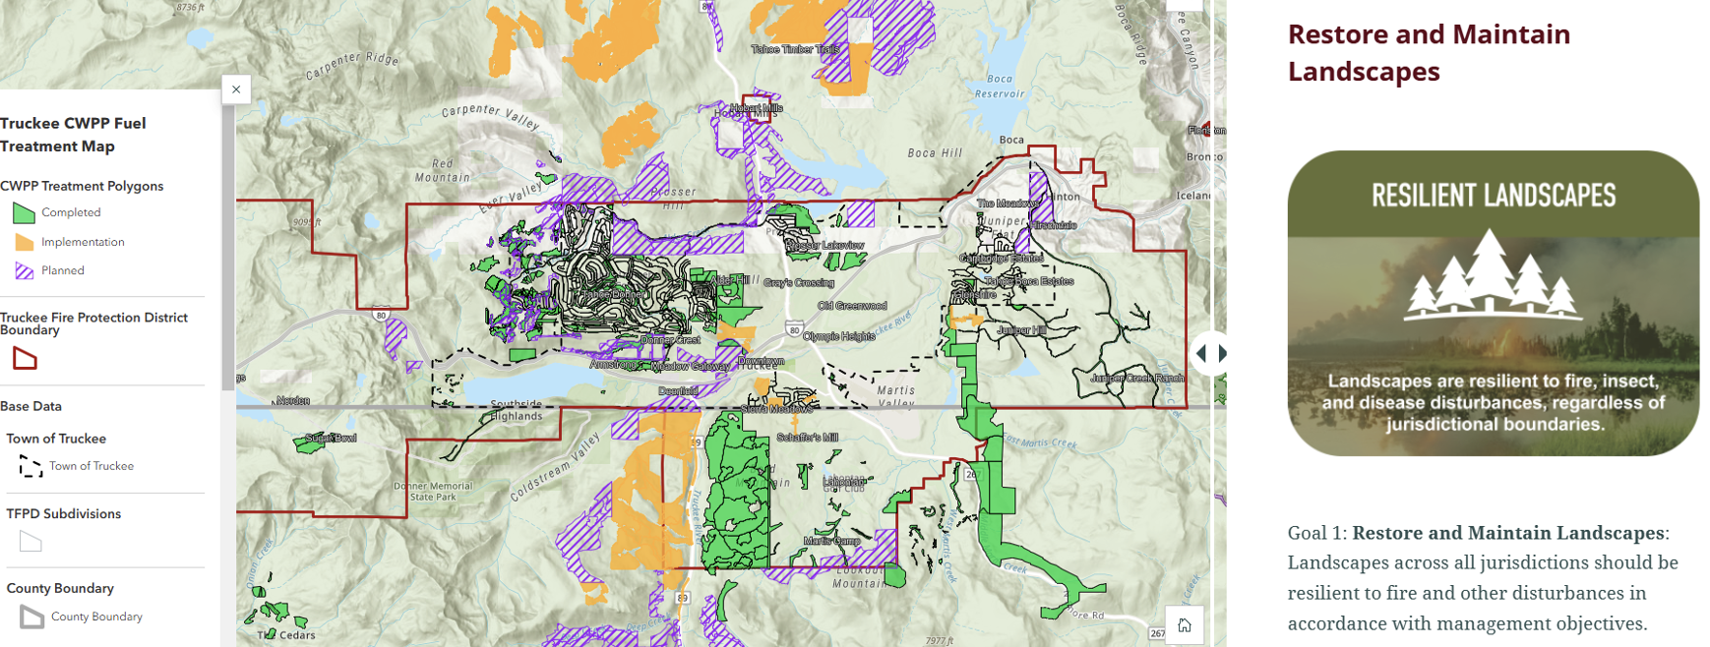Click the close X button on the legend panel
pos(236,89)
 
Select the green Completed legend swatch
pos(24,212)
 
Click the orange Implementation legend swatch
pos(24,242)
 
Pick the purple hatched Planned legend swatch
pos(24,270)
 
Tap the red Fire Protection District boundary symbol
pos(25,359)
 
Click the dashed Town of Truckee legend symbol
pos(31,467)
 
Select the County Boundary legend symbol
pos(31,618)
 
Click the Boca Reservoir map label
pos(999,87)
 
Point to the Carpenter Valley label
pos(490,116)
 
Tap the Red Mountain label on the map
pos(442,170)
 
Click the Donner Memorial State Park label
pos(434,491)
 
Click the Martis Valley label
pos(895,396)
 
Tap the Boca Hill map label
pos(934,153)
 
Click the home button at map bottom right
pos(1185,625)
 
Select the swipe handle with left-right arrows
pos(1210,353)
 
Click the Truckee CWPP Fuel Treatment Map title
pos(73,135)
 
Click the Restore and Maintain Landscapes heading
pos(1428,52)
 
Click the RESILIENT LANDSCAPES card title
pos(1493,196)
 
